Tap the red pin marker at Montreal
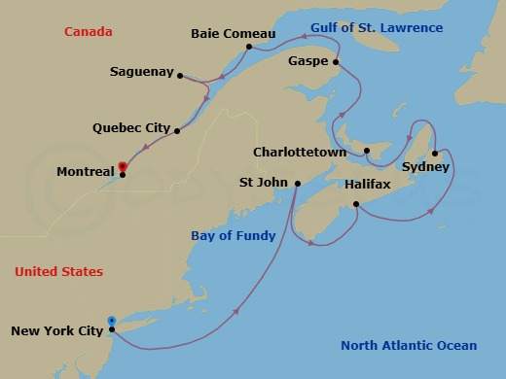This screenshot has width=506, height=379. click(123, 167)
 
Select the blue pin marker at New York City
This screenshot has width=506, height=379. click(112, 322)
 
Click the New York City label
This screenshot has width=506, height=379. click(56, 330)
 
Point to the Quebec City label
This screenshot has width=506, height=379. click(131, 127)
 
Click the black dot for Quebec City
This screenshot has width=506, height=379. click(178, 130)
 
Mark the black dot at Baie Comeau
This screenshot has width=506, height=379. click(249, 47)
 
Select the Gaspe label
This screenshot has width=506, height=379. click(307, 60)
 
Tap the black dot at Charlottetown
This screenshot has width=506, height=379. click(367, 151)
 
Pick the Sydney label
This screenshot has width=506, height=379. click(425, 167)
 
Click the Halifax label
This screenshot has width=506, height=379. click(367, 184)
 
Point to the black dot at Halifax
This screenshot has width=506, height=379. click(356, 203)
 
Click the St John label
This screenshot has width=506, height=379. click(263, 182)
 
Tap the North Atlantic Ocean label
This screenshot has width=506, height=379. click(409, 345)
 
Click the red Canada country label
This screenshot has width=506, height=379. click(89, 32)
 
